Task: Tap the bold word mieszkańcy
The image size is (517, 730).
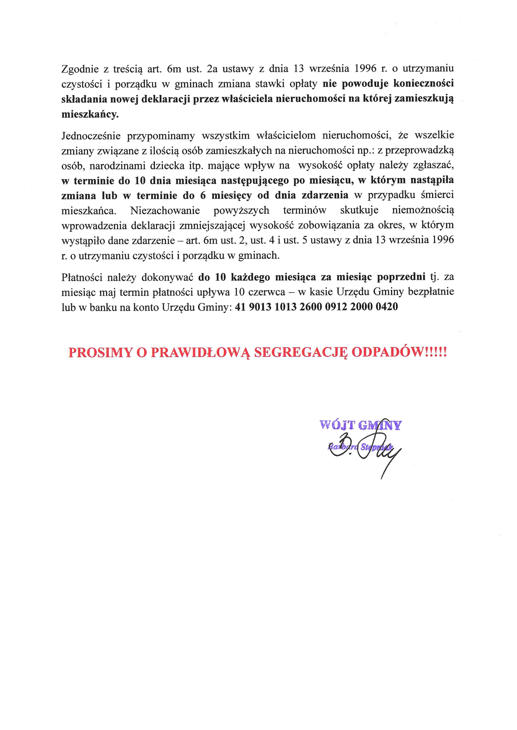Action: (90, 114)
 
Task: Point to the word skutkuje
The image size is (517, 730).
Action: (359, 210)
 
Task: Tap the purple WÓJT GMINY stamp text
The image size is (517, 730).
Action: (360, 425)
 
